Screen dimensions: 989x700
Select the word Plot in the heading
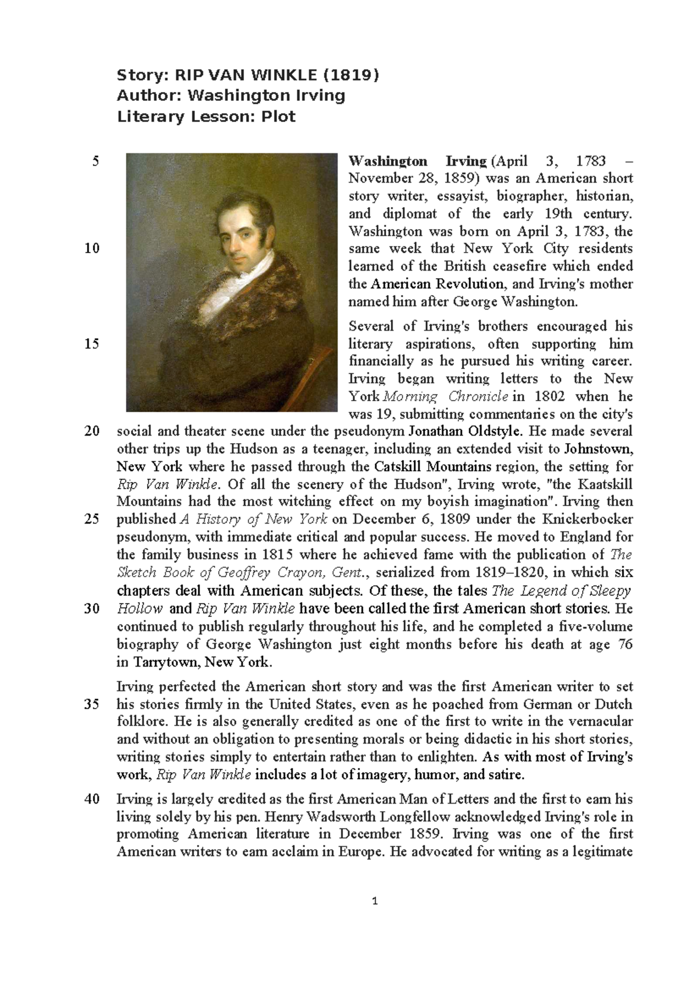278,117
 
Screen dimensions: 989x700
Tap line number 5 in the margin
96,161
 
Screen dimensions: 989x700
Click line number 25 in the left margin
92,519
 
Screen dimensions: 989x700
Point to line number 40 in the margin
92,799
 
